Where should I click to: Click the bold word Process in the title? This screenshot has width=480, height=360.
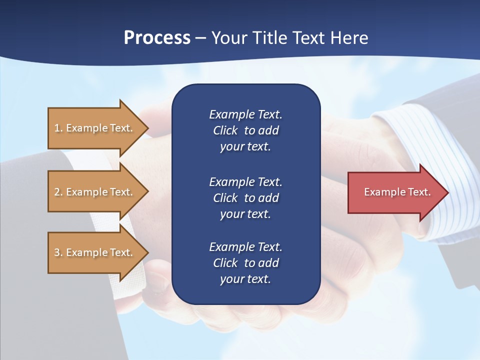157,38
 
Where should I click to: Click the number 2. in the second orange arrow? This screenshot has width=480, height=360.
58,192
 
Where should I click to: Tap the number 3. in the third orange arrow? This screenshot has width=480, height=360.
58,252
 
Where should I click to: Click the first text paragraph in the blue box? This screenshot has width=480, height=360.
245,130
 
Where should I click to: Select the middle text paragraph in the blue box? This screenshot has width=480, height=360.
245,198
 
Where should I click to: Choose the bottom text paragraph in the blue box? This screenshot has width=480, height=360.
245,263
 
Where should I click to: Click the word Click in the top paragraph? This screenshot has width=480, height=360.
225,130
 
